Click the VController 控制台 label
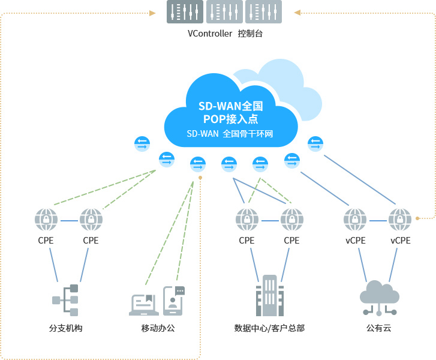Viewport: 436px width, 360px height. pyautogui.click(x=225, y=34)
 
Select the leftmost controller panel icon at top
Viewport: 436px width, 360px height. pyautogui.click(x=185, y=11)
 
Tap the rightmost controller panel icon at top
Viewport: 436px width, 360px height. pyautogui.click(x=263, y=11)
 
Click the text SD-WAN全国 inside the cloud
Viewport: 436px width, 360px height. pyautogui.click(x=230, y=106)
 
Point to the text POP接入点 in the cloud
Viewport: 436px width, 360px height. pyautogui.click(x=230, y=119)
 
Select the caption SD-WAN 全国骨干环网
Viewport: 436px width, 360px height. pyautogui.click(x=230, y=134)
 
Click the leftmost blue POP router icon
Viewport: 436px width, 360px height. pyautogui.click(x=142, y=144)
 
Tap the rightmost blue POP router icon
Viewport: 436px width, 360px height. pyautogui.click(x=315, y=144)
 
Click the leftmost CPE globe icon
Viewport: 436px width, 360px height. pyautogui.click(x=46, y=220)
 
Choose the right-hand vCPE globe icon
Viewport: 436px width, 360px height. pyautogui.click(x=400, y=220)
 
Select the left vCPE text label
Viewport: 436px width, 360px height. pyautogui.click(x=355, y=241)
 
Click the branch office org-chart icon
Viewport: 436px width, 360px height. pyautogui.click(x=65, y=300)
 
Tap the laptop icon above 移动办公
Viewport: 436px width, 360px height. pyautogui.click(x=144, y=304)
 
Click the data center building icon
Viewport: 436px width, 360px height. pyautogui.click(x=269, y=296)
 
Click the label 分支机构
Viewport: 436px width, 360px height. pyautogui.click(x=65, y=328)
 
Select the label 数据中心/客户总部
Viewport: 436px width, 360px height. pyautogui.click(x=269, y=328)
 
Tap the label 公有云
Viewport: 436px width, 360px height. pyautogui.click(x=379, y=328)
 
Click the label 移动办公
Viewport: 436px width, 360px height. pyautogui.click(x=158, y=328)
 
